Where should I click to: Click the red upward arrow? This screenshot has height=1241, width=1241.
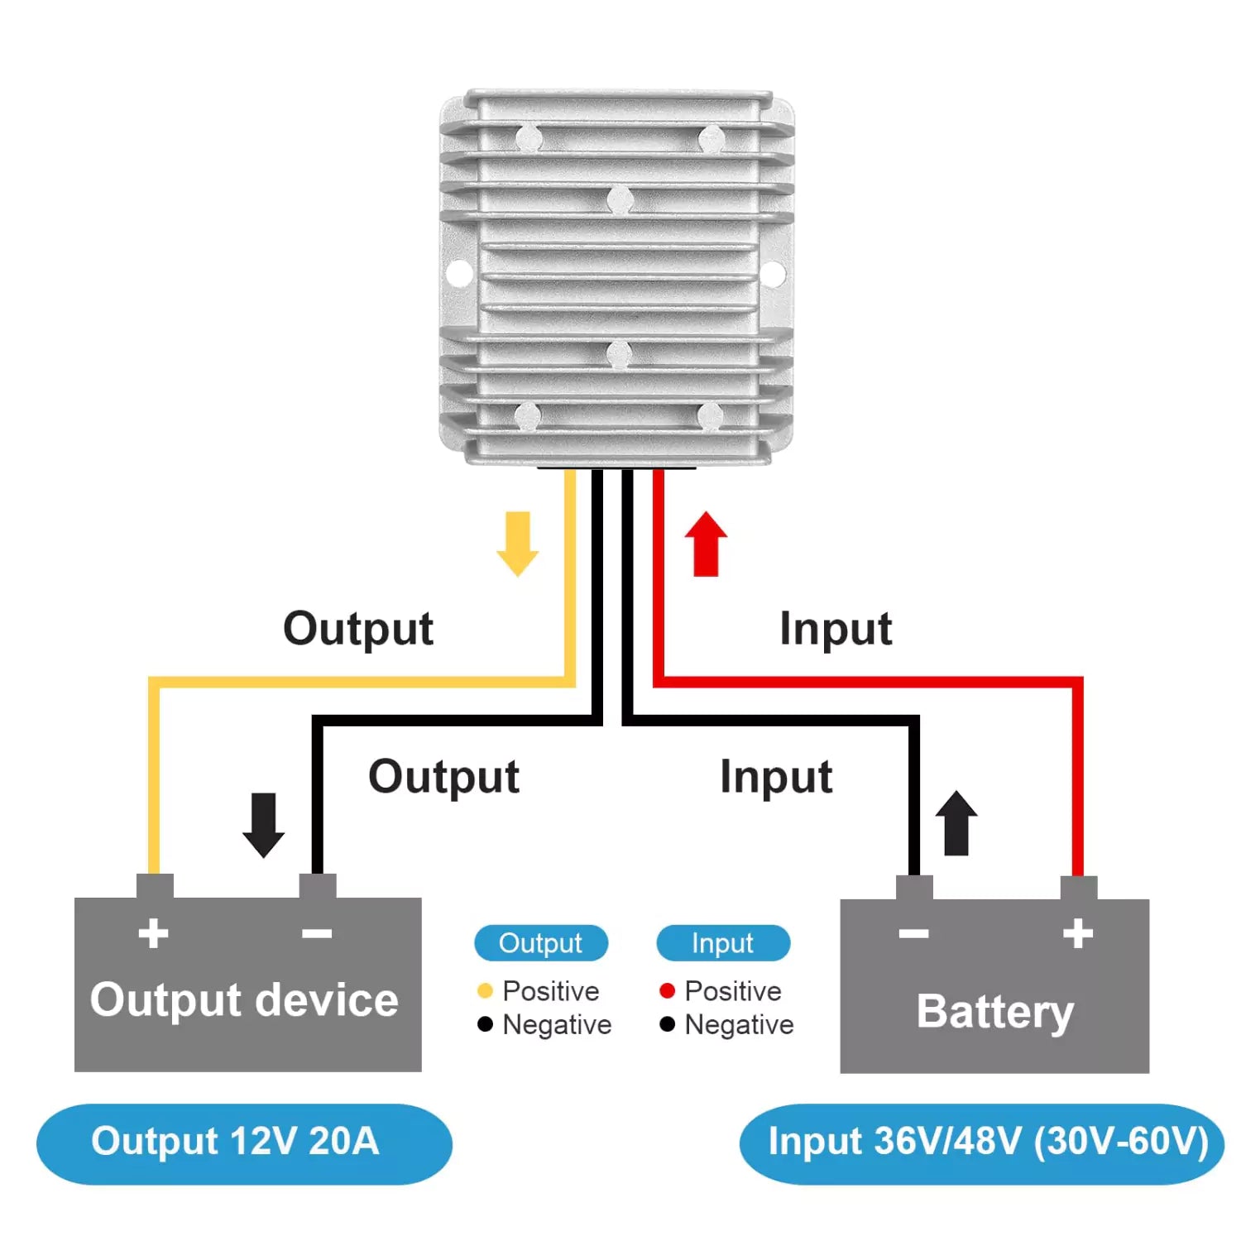click(x=706, y=544)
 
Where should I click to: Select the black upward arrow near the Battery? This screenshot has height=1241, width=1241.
click(x=956, y=823)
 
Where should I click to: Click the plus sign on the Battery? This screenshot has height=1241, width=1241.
click(x=1078, y=933)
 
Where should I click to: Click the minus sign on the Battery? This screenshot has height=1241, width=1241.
click(x=913, y=934)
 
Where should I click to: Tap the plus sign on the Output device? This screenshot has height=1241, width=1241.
click(x=153, y=933)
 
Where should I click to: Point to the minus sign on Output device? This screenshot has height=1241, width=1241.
click(x=317, y=934)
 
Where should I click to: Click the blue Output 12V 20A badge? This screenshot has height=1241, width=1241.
click(x=244, y=1143)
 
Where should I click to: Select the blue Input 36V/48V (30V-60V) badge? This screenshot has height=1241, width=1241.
click(x=982, y=1143)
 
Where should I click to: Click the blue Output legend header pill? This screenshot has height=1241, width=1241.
click(x=541, y=943)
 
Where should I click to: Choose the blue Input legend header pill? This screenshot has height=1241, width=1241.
click(x=723, y=943)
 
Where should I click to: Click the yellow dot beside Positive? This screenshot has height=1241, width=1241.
click(x=486, y=990)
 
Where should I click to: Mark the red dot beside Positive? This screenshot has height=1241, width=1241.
click(x=668, y=990)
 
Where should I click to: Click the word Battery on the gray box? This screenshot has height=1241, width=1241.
click(x=994, y=1011)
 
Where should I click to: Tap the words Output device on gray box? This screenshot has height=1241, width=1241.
click(x=244, y=999)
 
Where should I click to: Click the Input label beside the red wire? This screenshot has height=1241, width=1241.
click(x=836, y=629)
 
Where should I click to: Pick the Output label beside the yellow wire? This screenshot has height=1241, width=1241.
click(x=358, y=629)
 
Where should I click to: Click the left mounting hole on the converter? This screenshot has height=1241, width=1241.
click(x=458, y=272)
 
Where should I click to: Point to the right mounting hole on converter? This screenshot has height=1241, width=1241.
click(x=773, y=272)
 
